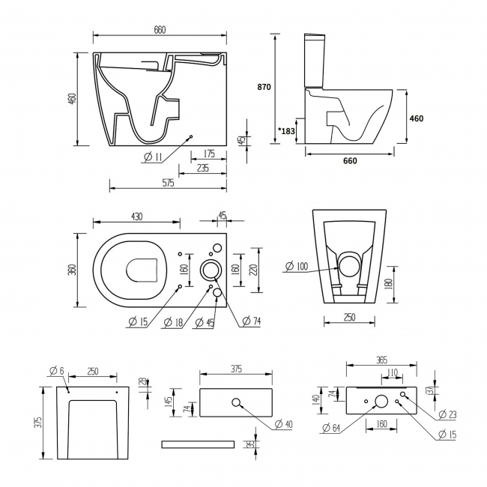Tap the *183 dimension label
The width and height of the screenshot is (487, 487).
point(285,131)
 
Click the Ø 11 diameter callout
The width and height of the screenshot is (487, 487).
point(152,157)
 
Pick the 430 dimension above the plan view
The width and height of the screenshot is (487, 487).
point(136,216)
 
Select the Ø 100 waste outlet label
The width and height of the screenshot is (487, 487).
point(297,267)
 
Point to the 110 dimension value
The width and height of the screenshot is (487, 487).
point(392,372)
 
